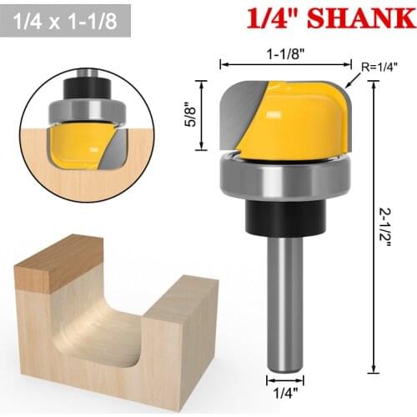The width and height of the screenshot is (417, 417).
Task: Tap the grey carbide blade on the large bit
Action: (x=242, y=113)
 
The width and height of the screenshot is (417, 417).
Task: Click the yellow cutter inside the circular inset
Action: (x=79, y=138)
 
